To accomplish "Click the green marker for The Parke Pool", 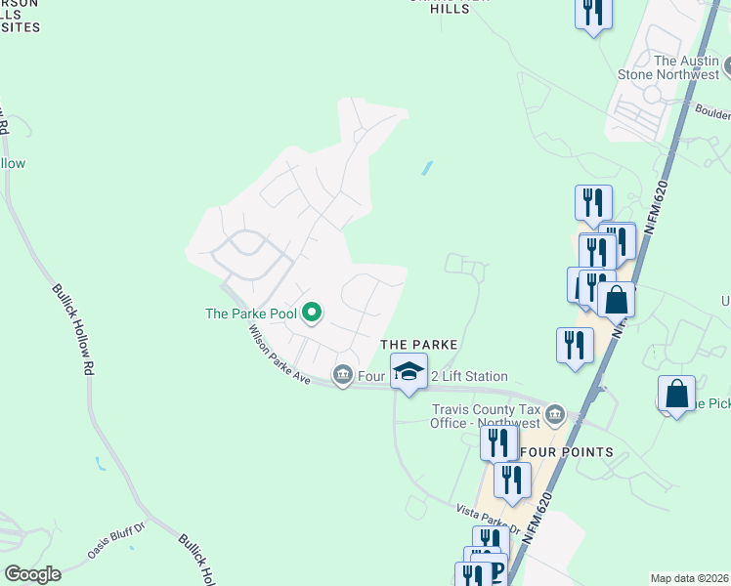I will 312,313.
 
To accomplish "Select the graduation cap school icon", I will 408,371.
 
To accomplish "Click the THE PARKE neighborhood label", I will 418,345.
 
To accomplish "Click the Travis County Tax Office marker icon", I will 555,415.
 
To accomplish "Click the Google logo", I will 32,574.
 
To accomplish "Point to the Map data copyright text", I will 690,578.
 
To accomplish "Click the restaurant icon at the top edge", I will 592,12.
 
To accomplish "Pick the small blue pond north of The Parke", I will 427,168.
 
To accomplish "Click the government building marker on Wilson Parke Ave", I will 342,374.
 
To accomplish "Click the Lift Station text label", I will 474,376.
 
